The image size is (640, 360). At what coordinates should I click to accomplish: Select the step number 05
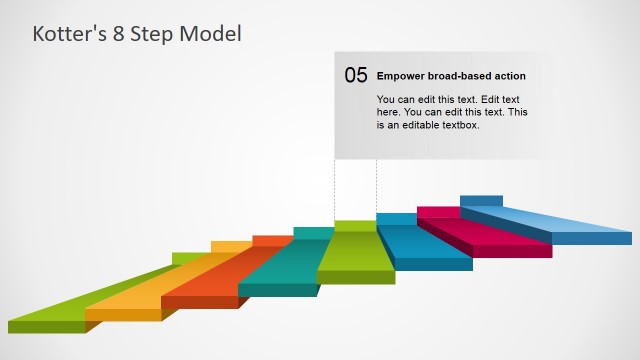tap(356, 75)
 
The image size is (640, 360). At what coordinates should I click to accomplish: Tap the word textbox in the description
tap(459, 125)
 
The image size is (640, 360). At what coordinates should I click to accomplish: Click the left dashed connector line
tap(335, 190)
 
